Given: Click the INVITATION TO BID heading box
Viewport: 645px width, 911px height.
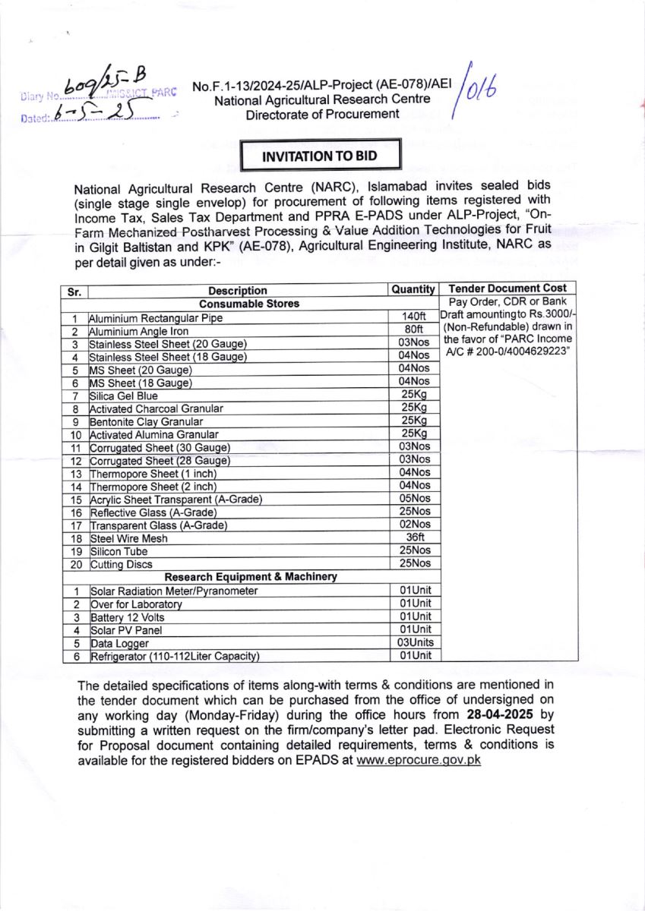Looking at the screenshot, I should pos(319,156).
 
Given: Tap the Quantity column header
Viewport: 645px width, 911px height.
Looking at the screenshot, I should pos(413,289).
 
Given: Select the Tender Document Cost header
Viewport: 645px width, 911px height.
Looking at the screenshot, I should pos(507,288).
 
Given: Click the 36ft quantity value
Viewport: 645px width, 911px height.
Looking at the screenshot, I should pos(414,537).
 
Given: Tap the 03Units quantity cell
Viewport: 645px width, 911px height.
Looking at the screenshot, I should pos(415,642).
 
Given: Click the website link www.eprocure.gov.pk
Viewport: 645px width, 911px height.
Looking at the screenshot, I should pos(419,760).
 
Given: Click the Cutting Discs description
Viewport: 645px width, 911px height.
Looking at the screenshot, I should pos(122,564).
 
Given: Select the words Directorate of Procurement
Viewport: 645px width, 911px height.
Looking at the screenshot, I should pos(322,114).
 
